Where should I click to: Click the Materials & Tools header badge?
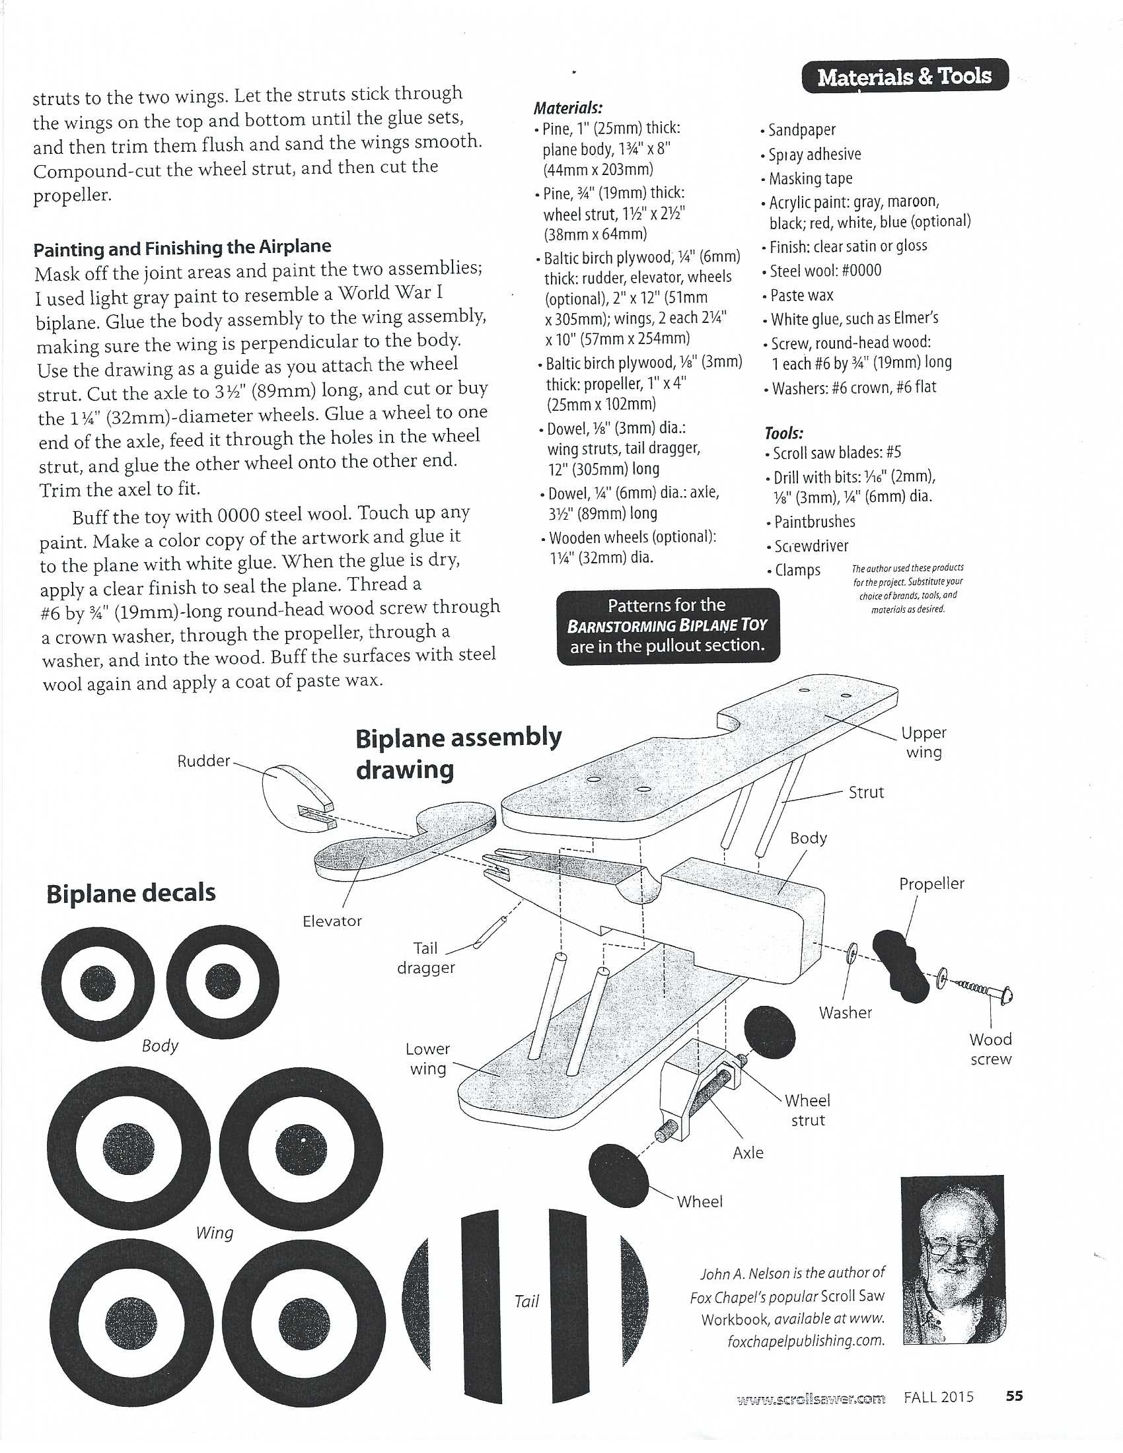pos(904,77)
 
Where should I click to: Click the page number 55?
pos(1014,1396)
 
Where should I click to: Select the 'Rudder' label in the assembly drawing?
pos(203,761)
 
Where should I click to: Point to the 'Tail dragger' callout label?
pos(426,958)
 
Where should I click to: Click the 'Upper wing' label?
pos(924,742)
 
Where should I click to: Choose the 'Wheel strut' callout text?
pos(808,1110)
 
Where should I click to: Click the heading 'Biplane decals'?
pos(131,893)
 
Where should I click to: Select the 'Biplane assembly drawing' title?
pos(458,754)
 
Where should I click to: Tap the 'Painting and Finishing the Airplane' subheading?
pos(182,248)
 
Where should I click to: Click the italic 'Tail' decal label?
pos(526,1301)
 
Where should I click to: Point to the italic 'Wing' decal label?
pos(214,1233)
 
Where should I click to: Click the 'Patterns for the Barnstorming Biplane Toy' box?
pos(667,625)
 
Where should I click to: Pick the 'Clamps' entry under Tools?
pos(797,570)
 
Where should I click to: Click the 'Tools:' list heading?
pos(783,433)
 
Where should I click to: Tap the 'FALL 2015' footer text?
pos(938,1397)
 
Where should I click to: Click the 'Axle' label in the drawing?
pos(748,1153)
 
